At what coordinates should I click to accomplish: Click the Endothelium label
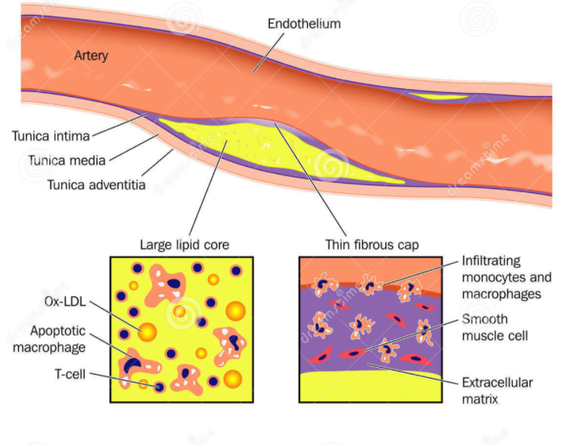(304, 23)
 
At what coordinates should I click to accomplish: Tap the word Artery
(91, 56)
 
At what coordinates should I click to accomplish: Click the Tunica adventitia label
(96, 185)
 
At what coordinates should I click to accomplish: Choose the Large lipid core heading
(184, 245)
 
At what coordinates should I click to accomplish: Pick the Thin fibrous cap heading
(372, 245)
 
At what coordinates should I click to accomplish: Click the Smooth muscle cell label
(495, 328)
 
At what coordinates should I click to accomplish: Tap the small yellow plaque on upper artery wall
(439, 96)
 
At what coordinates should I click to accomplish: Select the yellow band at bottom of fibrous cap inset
(371, 386)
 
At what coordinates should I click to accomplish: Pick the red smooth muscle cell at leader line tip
(353, 354)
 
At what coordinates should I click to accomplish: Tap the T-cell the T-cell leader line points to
(160, 387)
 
